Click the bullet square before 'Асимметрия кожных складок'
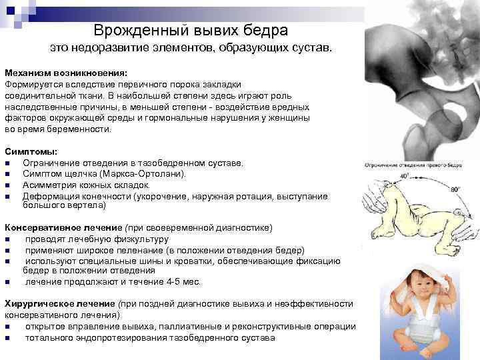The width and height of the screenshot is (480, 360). coord(7,185)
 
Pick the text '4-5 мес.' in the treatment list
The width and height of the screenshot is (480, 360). coord(181,282)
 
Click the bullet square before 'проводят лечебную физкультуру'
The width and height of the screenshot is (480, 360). coord(7,239)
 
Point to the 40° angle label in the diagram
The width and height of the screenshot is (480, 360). coord(404,175)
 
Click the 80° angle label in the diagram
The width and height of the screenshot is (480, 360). coord(455,189)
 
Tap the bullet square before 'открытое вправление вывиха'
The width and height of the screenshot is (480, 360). coord(7,327)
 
